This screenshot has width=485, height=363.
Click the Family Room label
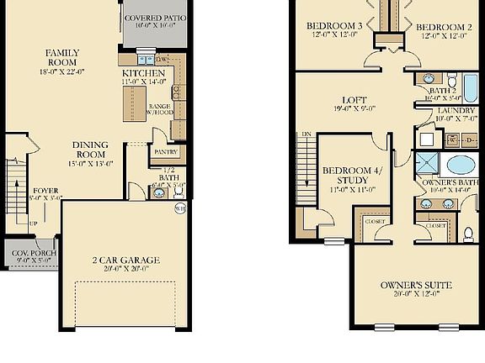61,57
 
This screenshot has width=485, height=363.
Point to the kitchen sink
177,92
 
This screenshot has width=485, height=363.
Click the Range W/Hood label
160,109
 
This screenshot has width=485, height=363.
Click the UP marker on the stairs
33,224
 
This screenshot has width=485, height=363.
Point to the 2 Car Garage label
125,260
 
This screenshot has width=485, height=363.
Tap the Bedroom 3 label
333,26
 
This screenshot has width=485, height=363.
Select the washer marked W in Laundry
452,139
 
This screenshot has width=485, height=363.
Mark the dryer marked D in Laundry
470,139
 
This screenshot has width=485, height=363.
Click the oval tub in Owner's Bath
460,165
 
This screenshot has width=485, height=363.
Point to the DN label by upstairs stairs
306,134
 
